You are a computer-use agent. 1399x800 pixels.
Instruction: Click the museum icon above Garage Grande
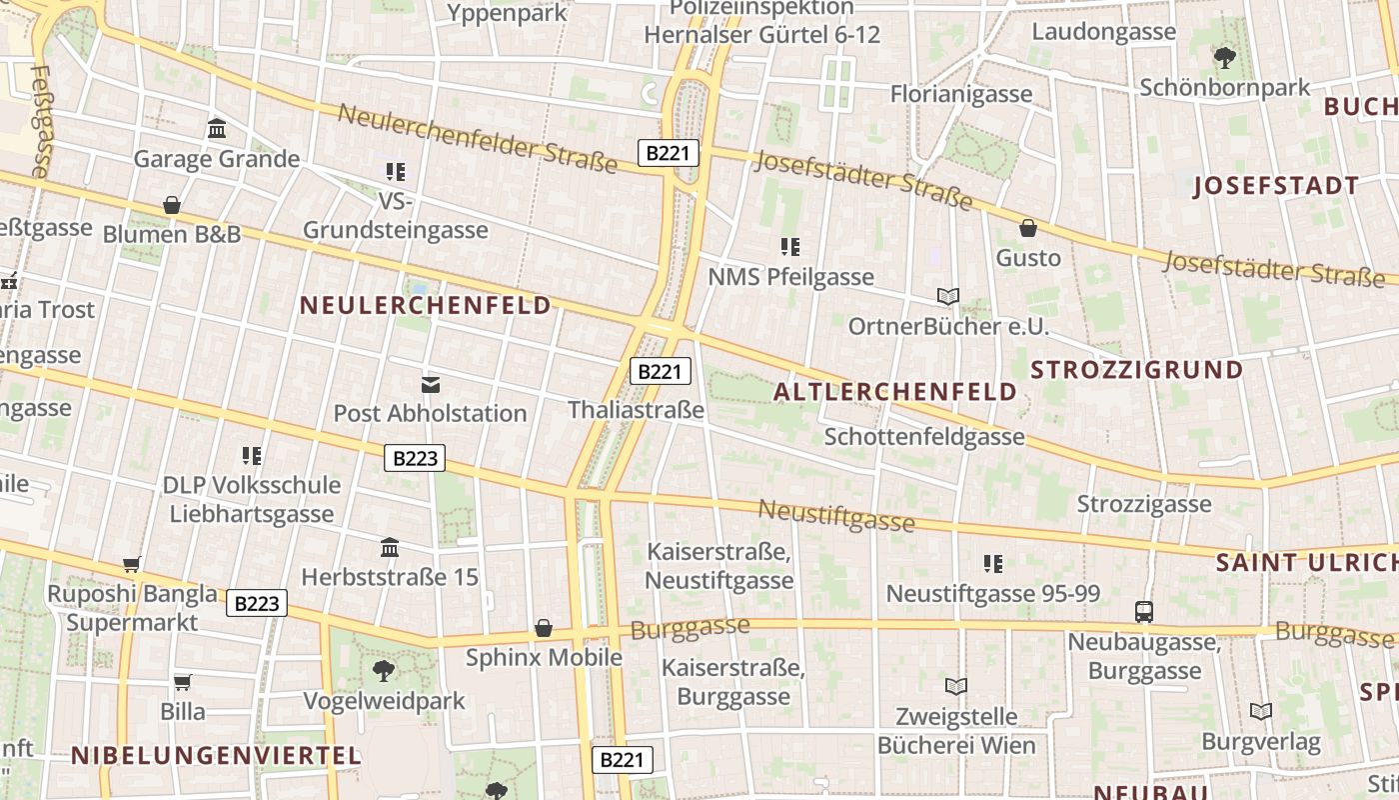pos(217,128)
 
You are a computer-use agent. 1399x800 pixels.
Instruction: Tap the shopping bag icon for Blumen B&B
pos(172,205)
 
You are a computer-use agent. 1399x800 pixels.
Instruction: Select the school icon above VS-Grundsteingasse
pos(396,172)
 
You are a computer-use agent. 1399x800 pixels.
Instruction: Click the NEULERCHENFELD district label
pos(426,305)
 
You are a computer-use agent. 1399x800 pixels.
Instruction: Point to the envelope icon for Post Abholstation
pos(431,384)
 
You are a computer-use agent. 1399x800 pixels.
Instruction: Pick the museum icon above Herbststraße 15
pos(391,547)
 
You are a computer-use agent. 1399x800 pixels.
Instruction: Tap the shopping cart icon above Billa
pos(183,682)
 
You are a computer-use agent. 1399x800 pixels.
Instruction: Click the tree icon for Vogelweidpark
pos(383,670)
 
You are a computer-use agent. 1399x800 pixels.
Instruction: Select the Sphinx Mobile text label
pos(544,657)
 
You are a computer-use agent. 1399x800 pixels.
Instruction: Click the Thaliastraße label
pos(636,410)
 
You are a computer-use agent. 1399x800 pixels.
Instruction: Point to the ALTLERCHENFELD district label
pos(895,392)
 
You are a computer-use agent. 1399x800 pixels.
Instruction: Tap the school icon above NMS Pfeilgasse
pos(790,246)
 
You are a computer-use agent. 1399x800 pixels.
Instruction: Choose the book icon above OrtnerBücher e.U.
pos(948,296)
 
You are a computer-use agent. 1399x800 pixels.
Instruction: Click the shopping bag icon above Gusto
pos(1028,228)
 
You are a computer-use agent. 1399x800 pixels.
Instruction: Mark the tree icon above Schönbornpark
pos(1224,57)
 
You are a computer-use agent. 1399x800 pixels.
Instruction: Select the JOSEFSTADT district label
pos(1276,186)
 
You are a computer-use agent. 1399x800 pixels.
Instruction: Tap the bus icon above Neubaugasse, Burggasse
pos(1144,611)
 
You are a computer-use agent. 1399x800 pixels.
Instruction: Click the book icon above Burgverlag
pos(1261,711)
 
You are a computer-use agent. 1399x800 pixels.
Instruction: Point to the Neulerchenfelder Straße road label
pos(478,137)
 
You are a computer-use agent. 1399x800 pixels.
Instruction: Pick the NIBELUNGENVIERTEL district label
pos(216,756)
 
